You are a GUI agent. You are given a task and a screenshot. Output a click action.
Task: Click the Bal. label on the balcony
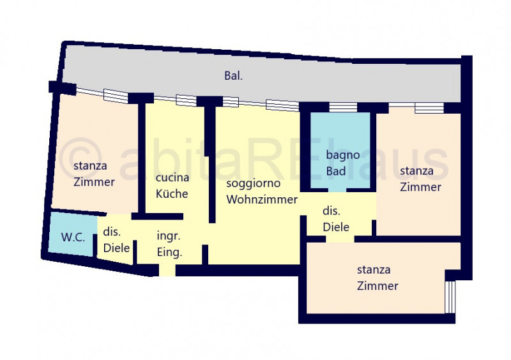point(233,76)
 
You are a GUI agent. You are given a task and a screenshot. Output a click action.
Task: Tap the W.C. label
point(73,237)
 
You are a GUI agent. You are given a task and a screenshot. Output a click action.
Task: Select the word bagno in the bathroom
point(343,155)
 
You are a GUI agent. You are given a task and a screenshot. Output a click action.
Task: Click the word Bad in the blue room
point(336,171)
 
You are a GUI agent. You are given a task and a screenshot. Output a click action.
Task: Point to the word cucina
point(172,177)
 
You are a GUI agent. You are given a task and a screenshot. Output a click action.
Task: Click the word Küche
point(172,193)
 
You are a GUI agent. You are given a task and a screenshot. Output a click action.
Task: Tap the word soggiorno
point(253,183)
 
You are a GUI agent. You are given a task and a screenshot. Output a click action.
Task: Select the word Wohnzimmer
point(262,199)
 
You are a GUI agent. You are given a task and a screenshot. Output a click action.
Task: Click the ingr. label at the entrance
point(168,236)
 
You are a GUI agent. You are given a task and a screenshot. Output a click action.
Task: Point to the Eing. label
point(169,253)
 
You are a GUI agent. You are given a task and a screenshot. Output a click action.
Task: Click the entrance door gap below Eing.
point(167,271)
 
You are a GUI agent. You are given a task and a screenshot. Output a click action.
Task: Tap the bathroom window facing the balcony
point(343,107)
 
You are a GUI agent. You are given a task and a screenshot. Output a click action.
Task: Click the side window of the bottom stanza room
point(450,297)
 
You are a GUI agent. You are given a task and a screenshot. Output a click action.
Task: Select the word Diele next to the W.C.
point(116,248)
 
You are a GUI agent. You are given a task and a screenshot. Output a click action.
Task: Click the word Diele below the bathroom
point(336,227)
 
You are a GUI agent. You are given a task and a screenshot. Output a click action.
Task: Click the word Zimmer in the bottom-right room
point(378,286)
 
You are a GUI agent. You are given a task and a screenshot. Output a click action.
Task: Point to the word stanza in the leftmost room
point(90,166)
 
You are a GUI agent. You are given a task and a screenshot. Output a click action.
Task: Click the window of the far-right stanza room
point(429,108)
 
